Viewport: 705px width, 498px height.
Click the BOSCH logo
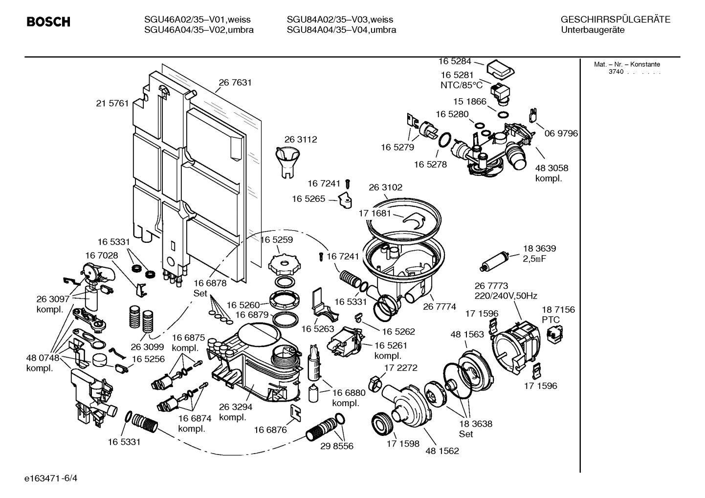pyautogui.click(x=48, y=22)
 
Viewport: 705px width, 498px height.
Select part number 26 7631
pyautogui.click(x=235, y=83)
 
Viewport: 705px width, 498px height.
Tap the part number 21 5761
pyautogui.click(x=112, y=103)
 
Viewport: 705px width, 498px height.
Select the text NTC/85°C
pyautogui.click(x=461, y=85)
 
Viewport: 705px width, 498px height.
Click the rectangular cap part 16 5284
pyautogui.click(x=499, y=68)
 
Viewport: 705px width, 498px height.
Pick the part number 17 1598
pyautogui.click(x=403, y=443)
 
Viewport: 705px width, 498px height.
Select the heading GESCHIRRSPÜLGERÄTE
pyautogui.click(x=615, y=20)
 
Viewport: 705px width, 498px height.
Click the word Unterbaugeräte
pyautogui.click(x=593, y=30)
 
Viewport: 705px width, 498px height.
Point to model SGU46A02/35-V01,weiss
pyautogui.click(x=197, y=20)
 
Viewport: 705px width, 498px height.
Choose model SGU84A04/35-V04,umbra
pyautogui.click(x=341, y=30)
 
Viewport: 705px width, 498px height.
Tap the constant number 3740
pyautogui.click(x=616, y=72)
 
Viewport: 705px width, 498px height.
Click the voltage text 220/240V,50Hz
pyautogui.click(x=506, y=296)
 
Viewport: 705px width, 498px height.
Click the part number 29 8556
pyautogui.click(x=336, y=446)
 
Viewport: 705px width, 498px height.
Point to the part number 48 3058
pyautogui.click(x=551, y=168)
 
